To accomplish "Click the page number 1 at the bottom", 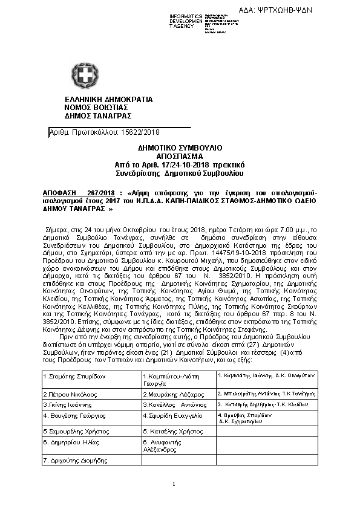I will point(173,484).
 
